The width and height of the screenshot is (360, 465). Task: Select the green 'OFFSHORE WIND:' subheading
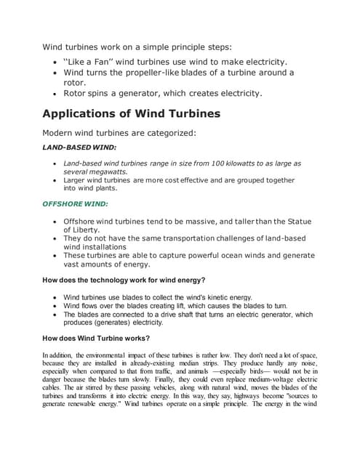pyautogui.click(x=75, y=203)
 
